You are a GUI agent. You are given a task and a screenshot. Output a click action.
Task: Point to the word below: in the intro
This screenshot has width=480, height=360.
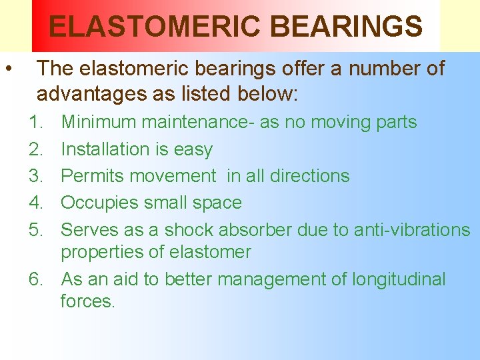[266, 95]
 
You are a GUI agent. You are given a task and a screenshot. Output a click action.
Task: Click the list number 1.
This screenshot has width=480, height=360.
[34, 123]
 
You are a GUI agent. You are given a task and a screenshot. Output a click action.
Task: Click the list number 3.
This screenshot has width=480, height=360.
[35, 176]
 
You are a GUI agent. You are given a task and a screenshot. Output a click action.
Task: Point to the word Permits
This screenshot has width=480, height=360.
[93, 176]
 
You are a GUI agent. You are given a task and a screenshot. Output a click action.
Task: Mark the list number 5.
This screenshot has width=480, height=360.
[35, 230]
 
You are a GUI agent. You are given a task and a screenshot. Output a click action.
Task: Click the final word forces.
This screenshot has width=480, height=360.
[87, 301]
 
